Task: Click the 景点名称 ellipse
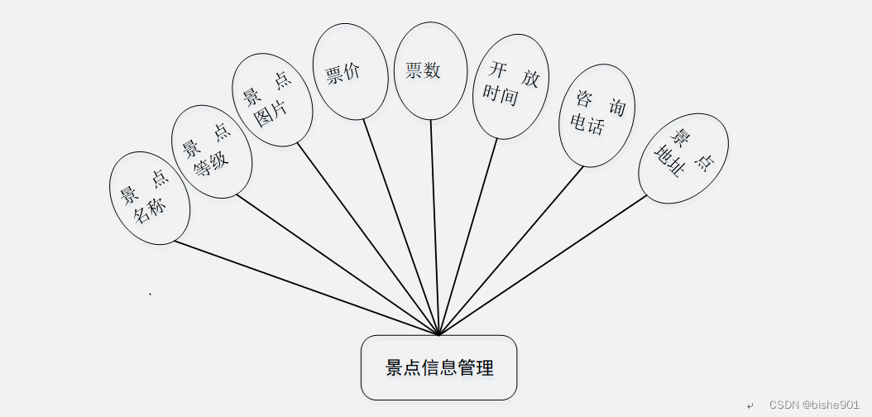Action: pos(150,198)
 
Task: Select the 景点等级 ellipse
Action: pos(211,151)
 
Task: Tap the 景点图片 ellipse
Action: pos(271,100)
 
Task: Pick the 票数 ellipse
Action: pos(430,70)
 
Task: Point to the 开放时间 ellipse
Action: pos(510,86)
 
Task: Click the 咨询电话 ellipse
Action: pos(597,115)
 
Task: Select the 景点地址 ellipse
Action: pos(683,158)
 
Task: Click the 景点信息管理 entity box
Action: pos(438,367)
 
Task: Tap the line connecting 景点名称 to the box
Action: pos(306,288)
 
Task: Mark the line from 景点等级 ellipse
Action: pos(338,265)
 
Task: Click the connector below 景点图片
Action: pos(368,240)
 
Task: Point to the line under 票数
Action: pos(435,227)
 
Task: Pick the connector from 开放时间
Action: pos(469,236)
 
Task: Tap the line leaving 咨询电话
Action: pos(511,251)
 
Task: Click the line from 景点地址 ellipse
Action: pos(543,265)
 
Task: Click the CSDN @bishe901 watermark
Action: pos(814,405)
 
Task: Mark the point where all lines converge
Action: pos(439,334)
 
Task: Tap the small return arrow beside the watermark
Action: pos(750,405)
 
